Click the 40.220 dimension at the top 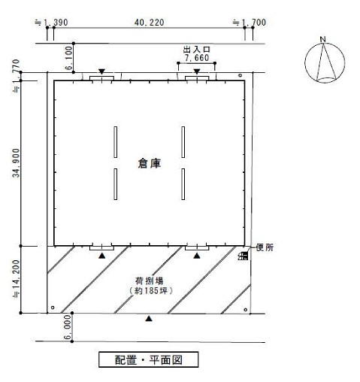pyautogui.click(x=149, y=23)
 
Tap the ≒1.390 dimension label pyautogui.click(x=51, y=23)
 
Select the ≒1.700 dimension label pyautogui.click(x=250, y=23)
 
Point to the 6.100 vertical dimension pyautogui.click(x=68, y=58)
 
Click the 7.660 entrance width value pyautogui.click(x=197, y=58)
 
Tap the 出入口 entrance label pyautogui.click(x=197, y=50)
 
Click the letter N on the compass pyautogui.click(x=322, y=39)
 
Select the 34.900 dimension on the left pyautogui.click(x=16, y=163)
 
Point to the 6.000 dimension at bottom pyautogui.click(x=68, y=327)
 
